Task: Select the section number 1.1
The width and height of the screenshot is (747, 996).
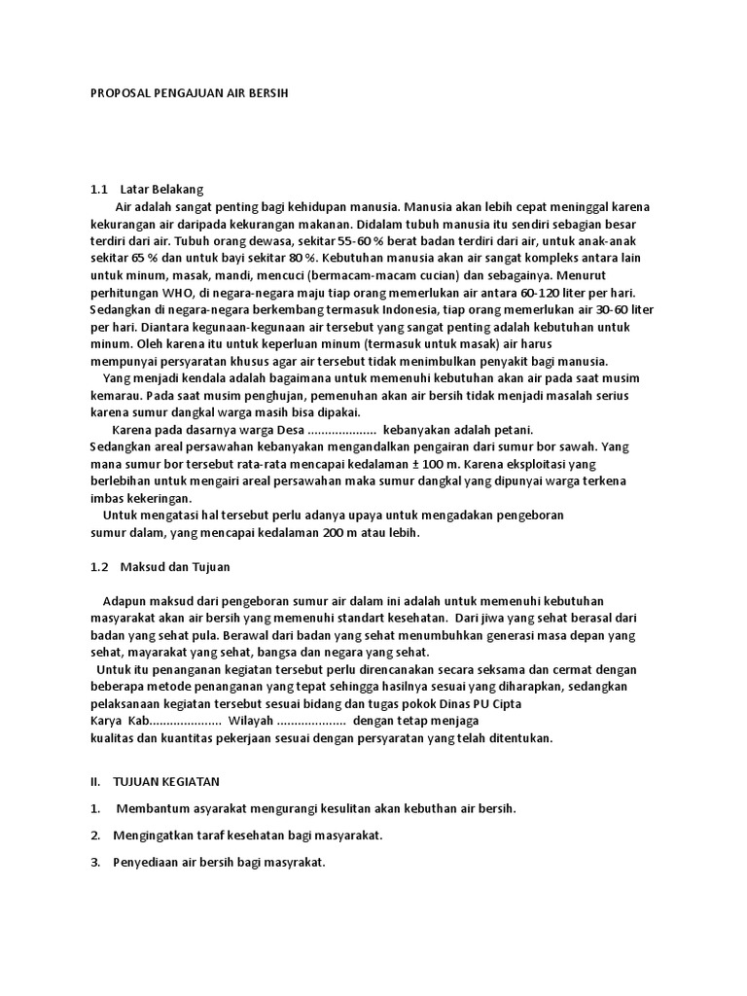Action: pos(98,189)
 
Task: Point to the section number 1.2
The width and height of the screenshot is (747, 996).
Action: pos(98,566)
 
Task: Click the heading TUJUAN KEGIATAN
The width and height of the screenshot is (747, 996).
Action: pos(166,781)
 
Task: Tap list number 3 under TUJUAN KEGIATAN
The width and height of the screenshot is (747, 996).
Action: pos(94,863)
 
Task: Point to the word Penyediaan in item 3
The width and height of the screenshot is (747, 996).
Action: pos(146,863)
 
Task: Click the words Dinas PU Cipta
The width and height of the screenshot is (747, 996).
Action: pos(589,703)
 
